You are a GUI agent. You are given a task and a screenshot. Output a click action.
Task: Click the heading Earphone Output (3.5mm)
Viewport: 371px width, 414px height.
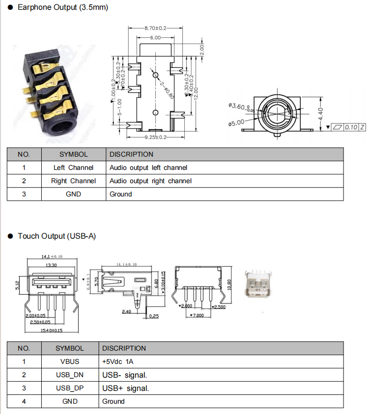[62, 8]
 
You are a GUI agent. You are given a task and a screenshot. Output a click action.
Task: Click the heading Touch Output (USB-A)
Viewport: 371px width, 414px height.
[57, 236]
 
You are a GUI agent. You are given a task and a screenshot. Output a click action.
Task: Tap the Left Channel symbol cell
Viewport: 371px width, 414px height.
[73, 167]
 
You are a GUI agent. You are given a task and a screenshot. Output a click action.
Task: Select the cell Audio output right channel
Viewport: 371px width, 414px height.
[150, 181]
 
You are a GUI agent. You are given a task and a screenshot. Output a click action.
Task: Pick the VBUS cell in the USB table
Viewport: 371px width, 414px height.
[70, 361]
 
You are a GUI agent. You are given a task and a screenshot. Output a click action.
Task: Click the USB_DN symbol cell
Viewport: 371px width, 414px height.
[70, 375]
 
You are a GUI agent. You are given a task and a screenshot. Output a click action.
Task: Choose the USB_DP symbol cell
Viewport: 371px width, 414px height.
[70, 388]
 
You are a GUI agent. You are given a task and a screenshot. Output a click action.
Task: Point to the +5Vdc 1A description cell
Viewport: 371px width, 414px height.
[117, 361]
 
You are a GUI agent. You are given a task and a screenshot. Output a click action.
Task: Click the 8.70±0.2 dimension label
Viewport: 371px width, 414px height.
[155, 28]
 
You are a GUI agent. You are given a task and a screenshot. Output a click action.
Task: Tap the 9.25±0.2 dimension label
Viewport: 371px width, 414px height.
[155, 137]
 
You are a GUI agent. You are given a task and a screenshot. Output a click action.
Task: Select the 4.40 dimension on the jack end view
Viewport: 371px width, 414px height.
[321, 114]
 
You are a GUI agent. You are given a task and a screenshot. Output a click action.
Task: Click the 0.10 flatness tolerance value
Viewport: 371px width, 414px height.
[351, 127]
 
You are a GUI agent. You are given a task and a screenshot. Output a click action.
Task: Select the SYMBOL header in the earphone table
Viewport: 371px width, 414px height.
[73, 154]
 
